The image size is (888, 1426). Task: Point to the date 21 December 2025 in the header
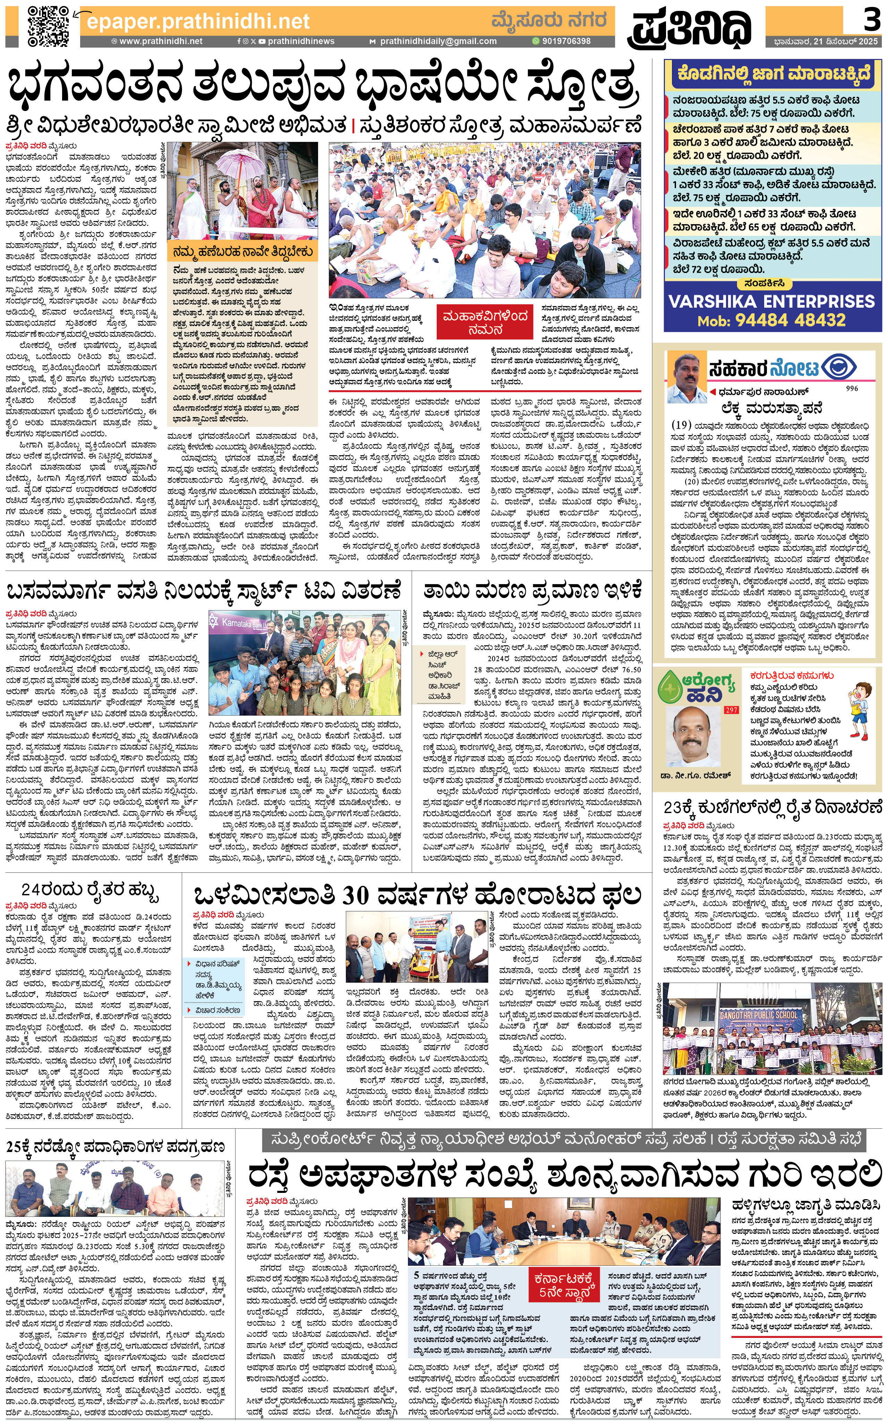point(825,42)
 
